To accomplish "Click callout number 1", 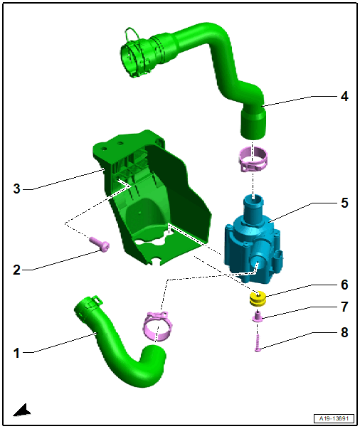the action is [x=16, y=353].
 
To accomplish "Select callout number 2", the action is [x=16, y=270].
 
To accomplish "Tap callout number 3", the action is [x=16, y=189].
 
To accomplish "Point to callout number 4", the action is [x=344, y=96].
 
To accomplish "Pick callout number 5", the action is [x=344, y=203].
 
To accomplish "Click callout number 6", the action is [x=344, y=285].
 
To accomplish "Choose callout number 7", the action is [x=344, y=307].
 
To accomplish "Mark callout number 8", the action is [x=344, y=332].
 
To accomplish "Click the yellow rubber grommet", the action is [x=258, y=299].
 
